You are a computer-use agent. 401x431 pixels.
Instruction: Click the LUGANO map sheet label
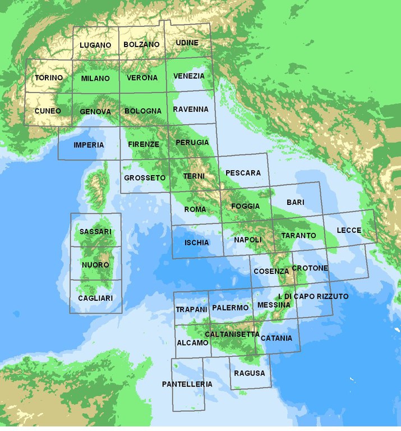pyautogui.click(x=95, y=45)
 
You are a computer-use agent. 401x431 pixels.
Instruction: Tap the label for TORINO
pyautogui.click(x=49, y=78)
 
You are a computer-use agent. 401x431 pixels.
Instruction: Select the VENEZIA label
pyautogui.click(x=189, y=76)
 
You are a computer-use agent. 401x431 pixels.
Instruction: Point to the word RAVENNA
pyautogui.click(x=191, y=109)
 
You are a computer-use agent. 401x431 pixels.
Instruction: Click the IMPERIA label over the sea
pyautogui.click(x=89, y=145)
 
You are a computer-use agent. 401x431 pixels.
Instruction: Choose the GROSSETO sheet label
pyautogui.click(x=145, y=178)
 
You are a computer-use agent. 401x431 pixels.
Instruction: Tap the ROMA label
pyautogui.click(x=195, y=209)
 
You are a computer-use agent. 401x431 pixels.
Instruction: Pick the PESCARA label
pyautogui.click(x=243, y=173)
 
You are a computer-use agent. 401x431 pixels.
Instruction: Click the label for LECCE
pyautogui.click(x=349, y=231)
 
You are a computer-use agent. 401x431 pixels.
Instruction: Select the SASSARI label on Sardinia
pyautogui.click(x=95, y=232)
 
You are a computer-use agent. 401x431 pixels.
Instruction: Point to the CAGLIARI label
pyautogui.click(x=95, y=298)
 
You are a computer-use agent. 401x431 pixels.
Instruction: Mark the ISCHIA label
pyautogui.click(x=196, y=242)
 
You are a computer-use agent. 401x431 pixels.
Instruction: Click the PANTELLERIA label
pyautogui.click(x=187, y=384)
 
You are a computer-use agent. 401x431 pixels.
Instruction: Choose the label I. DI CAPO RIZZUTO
pyautogui.click(x=314, y=296)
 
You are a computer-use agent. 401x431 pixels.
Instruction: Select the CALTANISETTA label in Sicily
pyautogui.click(x=232, y=334)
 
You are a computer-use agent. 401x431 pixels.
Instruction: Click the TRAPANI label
pyautogui.click(x=191, y=309)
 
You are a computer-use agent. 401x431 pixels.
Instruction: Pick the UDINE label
pyautogui.click(x=187, y=43)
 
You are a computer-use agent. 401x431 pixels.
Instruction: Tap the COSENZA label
pyautogui.click(x=271, y=271)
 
